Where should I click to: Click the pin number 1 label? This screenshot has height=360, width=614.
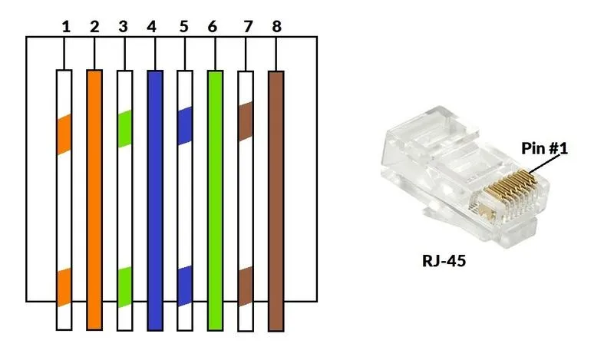66,27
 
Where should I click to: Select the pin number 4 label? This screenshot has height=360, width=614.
152,27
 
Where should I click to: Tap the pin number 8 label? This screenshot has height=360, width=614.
276,27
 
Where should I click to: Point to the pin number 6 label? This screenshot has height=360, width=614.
212,27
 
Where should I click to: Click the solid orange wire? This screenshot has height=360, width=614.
94,200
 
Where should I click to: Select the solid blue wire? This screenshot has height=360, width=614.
154,200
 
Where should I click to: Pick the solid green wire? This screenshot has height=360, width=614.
215,200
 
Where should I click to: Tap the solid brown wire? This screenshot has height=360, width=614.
276,200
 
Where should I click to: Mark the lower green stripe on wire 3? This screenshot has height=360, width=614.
124,286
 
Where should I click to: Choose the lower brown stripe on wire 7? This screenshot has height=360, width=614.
245,286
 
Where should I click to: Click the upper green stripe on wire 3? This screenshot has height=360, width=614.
124,128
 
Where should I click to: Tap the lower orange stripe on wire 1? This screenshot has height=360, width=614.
64,288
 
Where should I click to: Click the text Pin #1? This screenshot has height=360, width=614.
544,148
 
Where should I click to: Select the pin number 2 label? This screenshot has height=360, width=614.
94,27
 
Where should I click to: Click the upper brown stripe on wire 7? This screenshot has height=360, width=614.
245,121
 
